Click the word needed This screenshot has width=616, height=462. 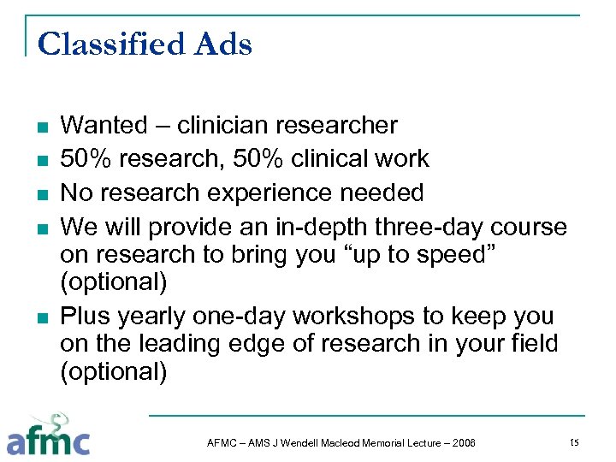click(382, 192)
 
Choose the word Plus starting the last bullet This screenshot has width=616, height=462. click(87, 316)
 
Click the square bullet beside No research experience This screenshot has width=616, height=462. click(41, 194)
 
